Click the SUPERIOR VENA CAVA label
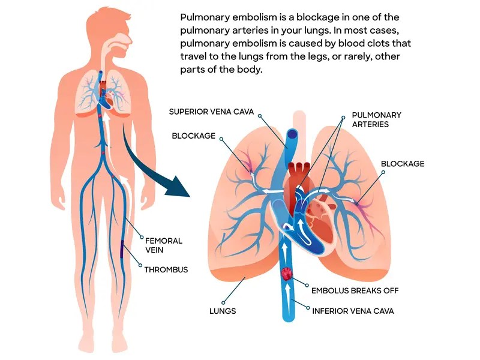click(x=212, y=112)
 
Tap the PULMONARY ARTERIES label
click(x=376, y=119)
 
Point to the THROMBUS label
click(x=166, y=269)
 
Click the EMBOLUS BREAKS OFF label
click(x=355, y=290)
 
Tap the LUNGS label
click(x=223, y=311)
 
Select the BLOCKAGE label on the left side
click(x=193, y=136)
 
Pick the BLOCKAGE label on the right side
click(x=403, y=163)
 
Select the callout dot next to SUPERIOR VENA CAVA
click(x=260, y=112)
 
